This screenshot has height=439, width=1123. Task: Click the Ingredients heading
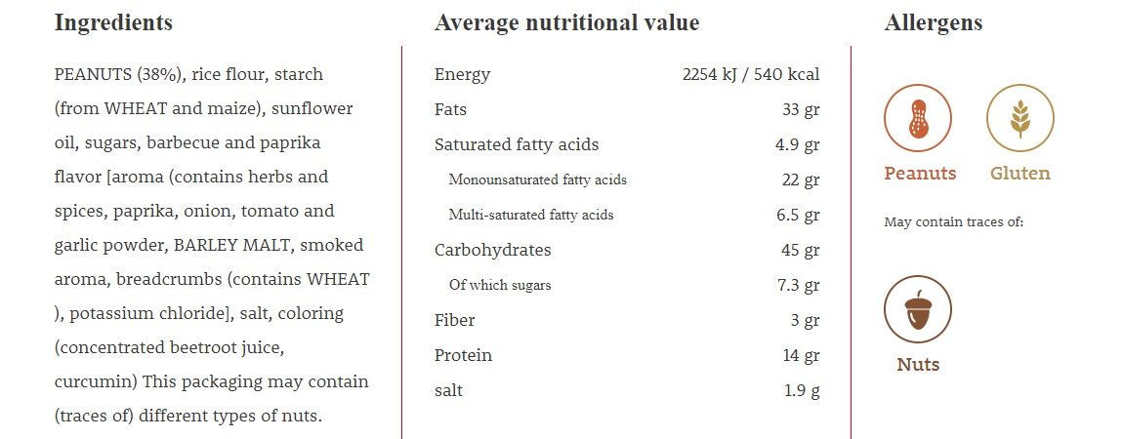pos(113,22)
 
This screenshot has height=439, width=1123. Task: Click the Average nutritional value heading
pos(566,22)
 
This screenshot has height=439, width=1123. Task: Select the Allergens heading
pos(934,22)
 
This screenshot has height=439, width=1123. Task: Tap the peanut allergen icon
pos(917,118)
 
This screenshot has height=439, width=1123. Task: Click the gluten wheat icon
pos(1020,118)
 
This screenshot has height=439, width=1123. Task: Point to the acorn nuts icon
pos(917,309)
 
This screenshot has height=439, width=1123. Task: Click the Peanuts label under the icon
pos(920,174)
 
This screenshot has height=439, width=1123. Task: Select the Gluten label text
pos(1020,174)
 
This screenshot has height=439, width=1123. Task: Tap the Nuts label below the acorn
pos(918,365)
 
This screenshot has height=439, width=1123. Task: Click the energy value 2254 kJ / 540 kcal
pos(751,74)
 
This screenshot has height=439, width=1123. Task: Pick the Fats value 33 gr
pos(801,109)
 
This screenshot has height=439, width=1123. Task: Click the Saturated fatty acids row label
pos(517,144)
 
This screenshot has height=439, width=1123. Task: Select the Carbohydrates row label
pos(492,250)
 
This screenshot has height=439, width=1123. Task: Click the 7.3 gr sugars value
pos(798,285)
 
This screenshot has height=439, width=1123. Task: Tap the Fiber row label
pos(455,320)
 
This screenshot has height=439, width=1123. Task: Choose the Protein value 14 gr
pos(801,355)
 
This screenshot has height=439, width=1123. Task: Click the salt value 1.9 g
pos(802,390)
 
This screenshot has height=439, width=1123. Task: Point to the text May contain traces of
pos(953,222)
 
